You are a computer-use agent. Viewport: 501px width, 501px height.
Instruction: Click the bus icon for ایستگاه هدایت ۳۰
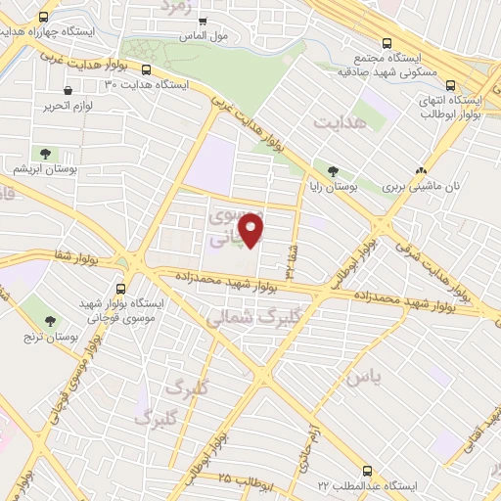[146, 70]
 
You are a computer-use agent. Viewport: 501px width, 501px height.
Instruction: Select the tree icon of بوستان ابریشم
[45, 153]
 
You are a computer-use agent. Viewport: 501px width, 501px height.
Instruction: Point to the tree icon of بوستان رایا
[334, 169]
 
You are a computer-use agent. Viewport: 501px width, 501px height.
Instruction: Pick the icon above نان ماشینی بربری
[420, 169]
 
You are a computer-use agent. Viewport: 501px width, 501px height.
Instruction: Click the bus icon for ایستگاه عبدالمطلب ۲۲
[368, 472]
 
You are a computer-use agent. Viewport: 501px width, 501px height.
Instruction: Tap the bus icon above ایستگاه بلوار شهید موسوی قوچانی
[120, 289]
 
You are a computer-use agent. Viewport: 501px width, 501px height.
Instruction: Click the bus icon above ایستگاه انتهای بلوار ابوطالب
[450, 85]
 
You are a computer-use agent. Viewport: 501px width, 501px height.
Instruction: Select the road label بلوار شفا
[53, 258]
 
